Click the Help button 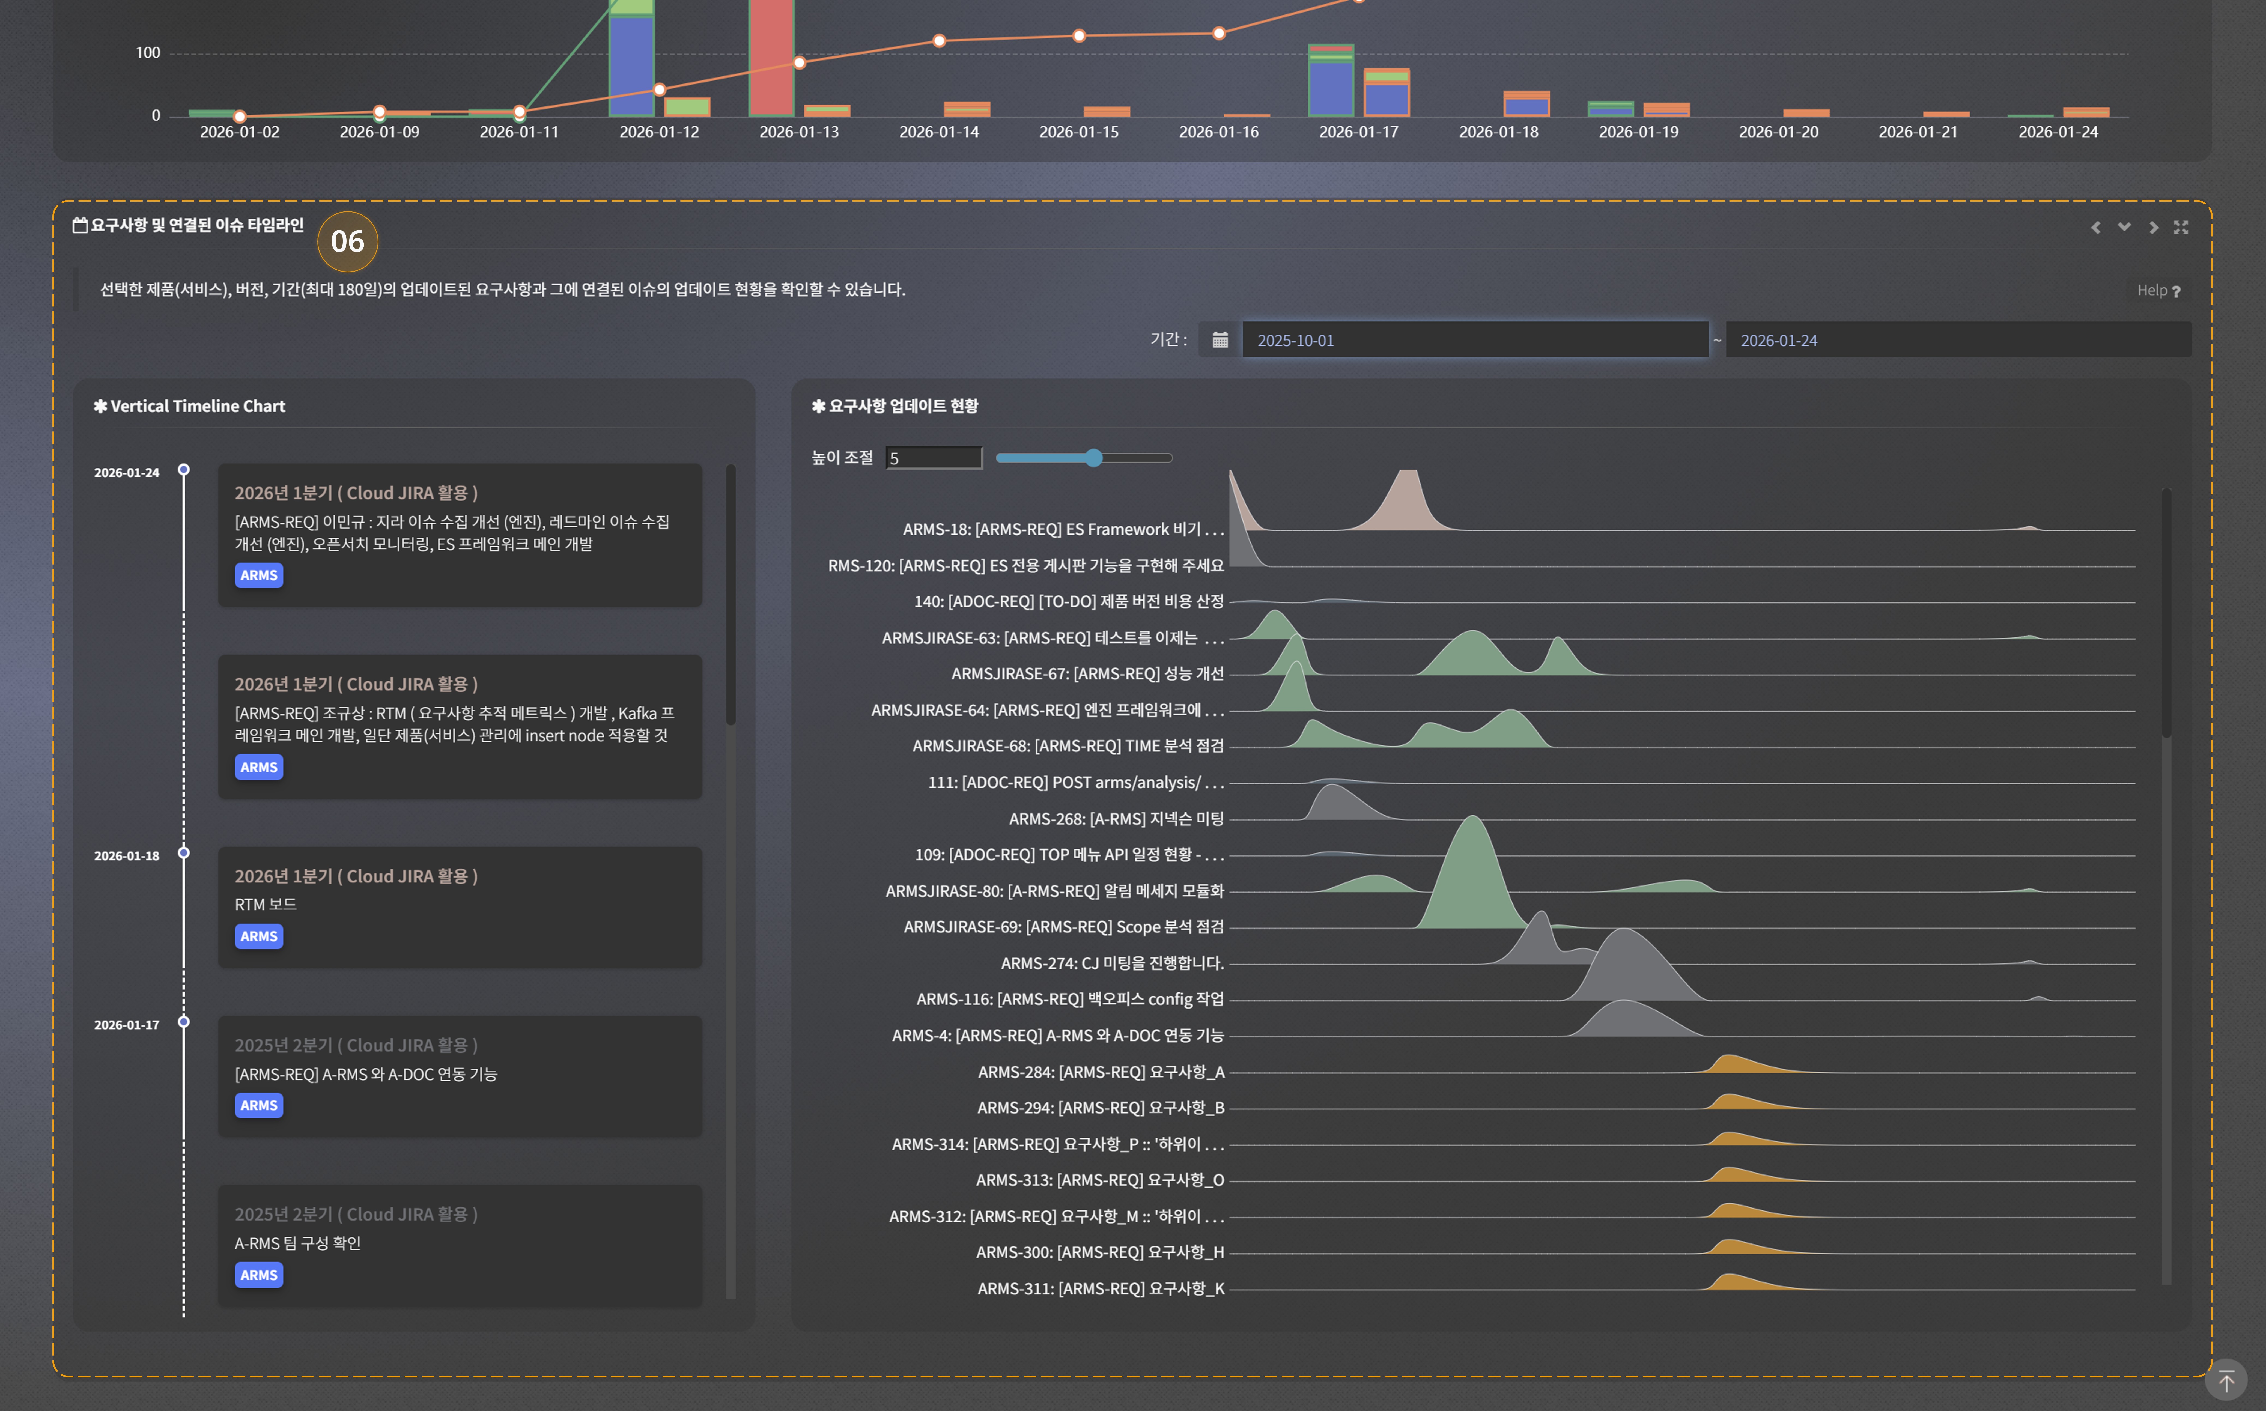(x=2158, y=290)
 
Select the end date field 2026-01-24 (x=1957, y=340)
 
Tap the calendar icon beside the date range (x=1220, y=340)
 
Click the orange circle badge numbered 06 (x=347, y=242)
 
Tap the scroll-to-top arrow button (x=2226, y=1380)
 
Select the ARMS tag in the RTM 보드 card (x=258, y=936)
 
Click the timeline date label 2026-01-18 (x=126, y=856)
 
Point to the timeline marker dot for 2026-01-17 (x=184, y=1022)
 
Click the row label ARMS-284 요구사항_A (x=1100, y=1071)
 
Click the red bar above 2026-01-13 (x=771, y=56)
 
